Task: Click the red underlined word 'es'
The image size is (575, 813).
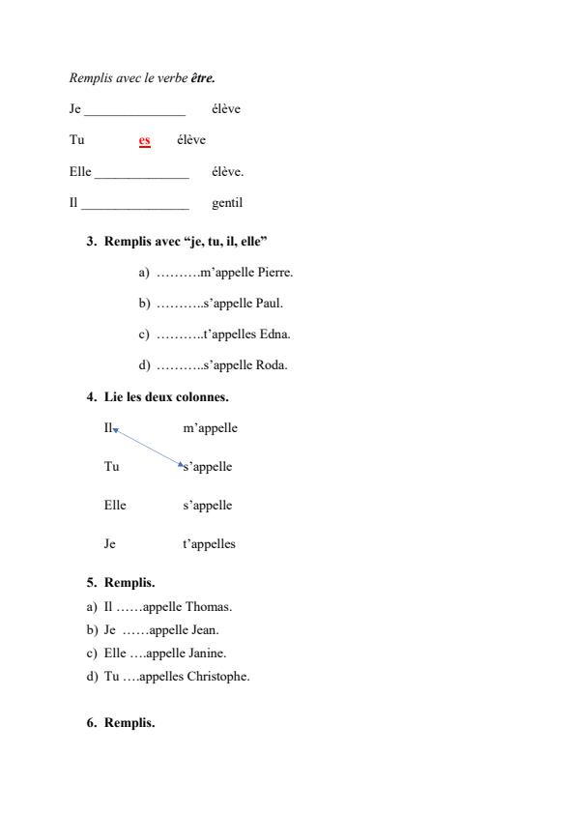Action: (144, 141)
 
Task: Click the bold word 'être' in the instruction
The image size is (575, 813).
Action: (203, 77)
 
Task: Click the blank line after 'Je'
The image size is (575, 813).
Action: (134, 110)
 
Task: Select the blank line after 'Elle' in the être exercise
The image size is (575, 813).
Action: (141, 173)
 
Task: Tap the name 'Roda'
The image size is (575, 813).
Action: (272, 365)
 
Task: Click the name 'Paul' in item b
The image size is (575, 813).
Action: (270, 304)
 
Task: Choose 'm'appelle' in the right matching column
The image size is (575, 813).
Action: (210, 427)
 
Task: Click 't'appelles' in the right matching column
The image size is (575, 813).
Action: (209, 543)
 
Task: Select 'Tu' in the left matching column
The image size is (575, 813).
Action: (111, 466)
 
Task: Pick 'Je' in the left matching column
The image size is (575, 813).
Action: (110, 543)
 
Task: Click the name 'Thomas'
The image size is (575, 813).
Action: (210, 607)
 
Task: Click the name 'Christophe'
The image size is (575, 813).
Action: (217, 676)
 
